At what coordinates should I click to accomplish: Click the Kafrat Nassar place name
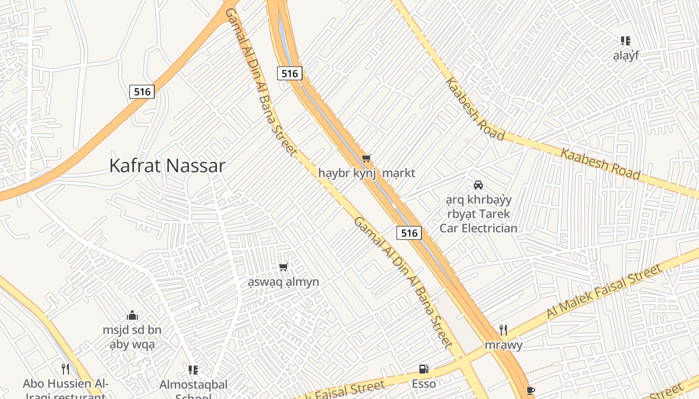coord(167,166)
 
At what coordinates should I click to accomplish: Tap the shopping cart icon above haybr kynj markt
coord(366,159)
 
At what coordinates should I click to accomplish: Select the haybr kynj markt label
coord(366,174)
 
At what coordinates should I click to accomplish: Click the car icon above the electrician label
coord(478,185)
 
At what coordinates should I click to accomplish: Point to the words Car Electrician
coord(478,228)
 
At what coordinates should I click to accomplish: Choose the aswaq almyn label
coord(284,282)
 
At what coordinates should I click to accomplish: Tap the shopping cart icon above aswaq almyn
coord(284,267)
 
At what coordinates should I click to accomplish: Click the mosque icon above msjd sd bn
coord(132,315)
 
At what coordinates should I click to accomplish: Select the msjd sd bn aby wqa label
coord(132,337)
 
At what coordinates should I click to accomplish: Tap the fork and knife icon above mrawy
coord(503,330)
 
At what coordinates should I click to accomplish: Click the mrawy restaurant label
coord(503,345)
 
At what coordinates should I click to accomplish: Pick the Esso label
coord(424,384)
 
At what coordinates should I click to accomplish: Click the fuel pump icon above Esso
coord(424,369)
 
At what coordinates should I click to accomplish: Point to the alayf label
coord(626,56)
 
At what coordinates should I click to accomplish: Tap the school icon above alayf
coord(626,41)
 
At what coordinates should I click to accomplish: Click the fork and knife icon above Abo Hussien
coord(65,369)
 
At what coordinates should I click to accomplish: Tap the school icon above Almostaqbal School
coord(193,370)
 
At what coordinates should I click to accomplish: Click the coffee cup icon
coord(531,391)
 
